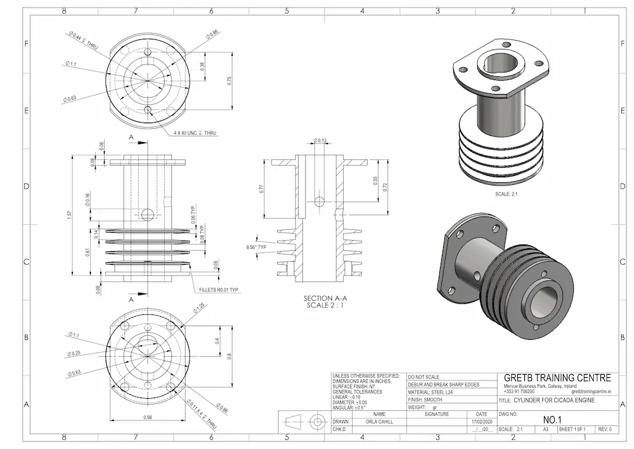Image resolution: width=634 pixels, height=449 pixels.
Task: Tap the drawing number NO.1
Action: pos(553,420)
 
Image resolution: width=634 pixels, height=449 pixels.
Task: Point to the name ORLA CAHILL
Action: pos(379,421)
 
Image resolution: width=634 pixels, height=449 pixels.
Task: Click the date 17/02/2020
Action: pos(481,421)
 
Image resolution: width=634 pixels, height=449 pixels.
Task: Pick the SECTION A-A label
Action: pos(326,298)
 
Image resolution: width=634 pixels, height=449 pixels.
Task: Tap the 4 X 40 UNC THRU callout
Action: pos(195,133)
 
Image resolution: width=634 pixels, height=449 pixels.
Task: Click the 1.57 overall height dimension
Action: pos(69,216)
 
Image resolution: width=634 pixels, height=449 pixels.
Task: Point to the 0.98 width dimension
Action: pos(148,417)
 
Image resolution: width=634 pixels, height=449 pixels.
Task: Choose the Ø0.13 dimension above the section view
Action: pos(320,140)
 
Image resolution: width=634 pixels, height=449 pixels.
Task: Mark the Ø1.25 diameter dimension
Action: pos(199,307)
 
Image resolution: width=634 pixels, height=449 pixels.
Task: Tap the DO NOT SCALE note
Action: pos(424,377)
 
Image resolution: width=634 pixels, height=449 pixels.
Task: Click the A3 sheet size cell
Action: pos(545,429)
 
